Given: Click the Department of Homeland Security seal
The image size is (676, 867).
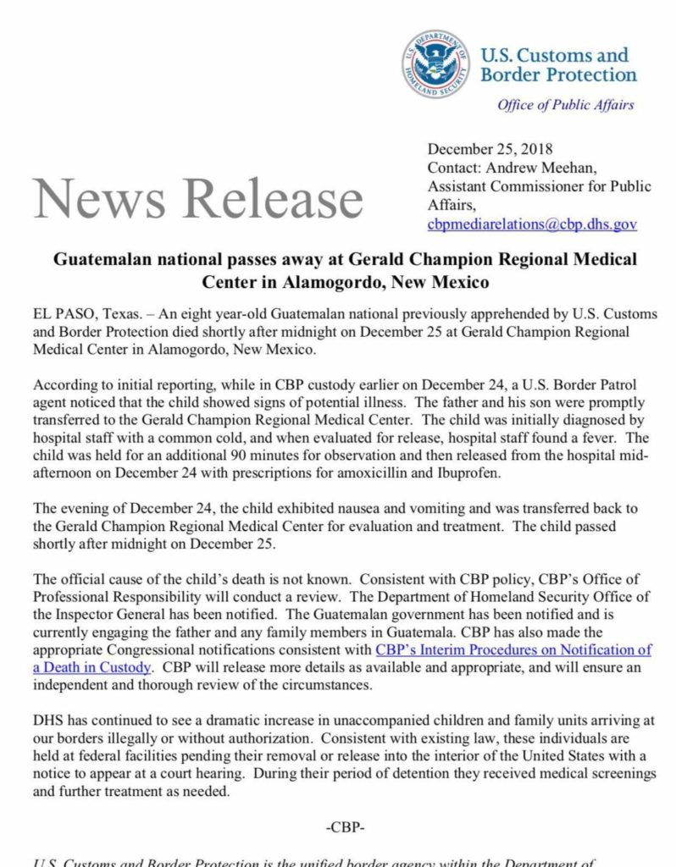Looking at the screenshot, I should coord(435,64).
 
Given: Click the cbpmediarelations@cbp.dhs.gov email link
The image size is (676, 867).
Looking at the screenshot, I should coord(532,224).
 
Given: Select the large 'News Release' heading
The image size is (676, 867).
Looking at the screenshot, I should coord(199,198).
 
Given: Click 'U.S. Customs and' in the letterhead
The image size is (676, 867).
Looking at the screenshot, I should coord(555,55).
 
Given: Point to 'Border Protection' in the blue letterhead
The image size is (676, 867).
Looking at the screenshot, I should coord(558,75).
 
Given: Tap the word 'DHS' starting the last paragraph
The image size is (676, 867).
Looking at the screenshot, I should coord(49,721).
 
